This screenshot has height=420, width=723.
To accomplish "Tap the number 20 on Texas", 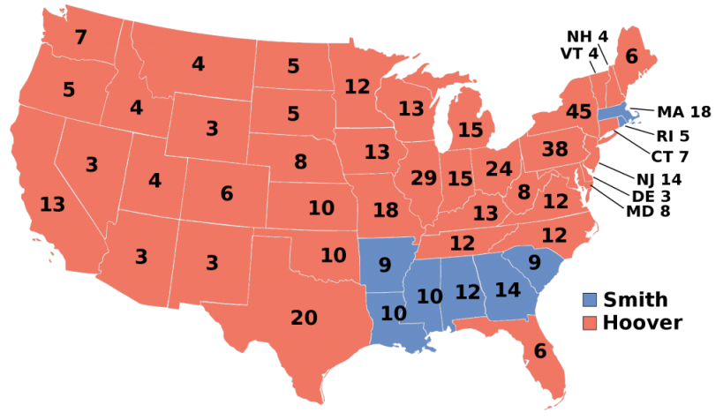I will pyautogui.click(x=304, y=318).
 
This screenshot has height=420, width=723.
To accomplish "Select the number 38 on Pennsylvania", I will pyautogui.click(x=554, y=150).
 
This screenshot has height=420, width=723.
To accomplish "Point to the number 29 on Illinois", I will pyautogui.click(x=424, y=177).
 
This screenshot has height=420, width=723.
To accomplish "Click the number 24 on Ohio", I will pyautogui.click(x=499, y=168).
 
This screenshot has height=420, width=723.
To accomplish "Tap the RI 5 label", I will pyautogui.click(x=673, y=136).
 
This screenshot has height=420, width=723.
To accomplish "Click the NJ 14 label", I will pyautogui.click(x=654, y=177).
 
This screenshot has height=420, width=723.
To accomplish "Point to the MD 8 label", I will pyautogui.click(x=648, y=211).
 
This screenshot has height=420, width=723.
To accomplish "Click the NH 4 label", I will pyautogui.click(x=587, y=36).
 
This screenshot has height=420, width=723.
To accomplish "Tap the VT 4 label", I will pyautogui.click(x=580, y=54).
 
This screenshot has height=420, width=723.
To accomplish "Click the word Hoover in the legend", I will pyautogui.click(x=642, y=323).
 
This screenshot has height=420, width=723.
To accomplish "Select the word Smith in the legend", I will pyautogui.click(x=635, y=300).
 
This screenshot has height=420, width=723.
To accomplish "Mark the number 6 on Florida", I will pyautogui.click(x=538, y=350).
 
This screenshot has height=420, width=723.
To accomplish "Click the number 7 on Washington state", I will pyautogui.click(x=81, y=38).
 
